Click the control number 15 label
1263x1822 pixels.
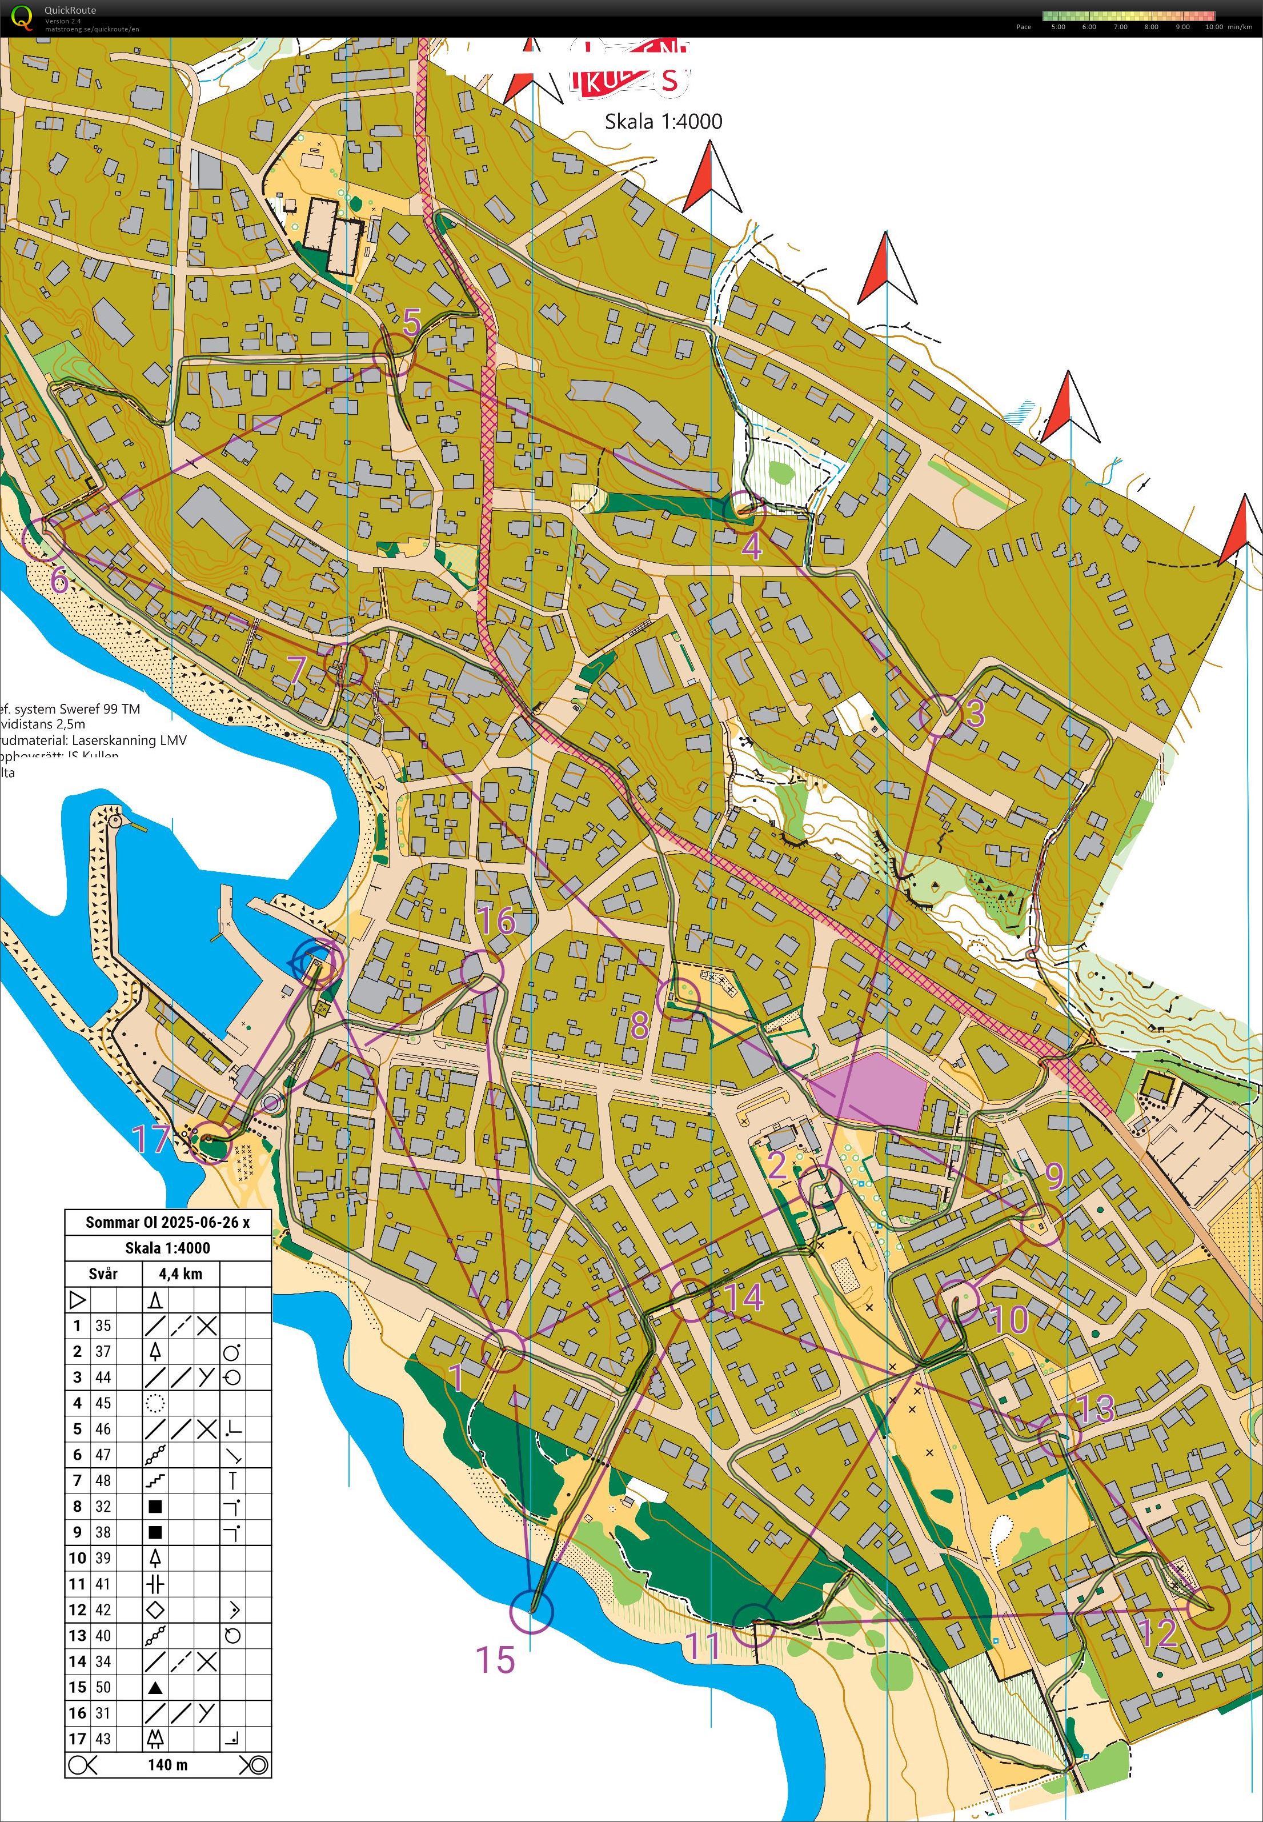tap(495, 1659)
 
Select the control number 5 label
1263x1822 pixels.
tap(411, 323)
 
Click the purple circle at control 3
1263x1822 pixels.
tap(941, 715)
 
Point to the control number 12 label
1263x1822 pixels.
tap(1158, 1633)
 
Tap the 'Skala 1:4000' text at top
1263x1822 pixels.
tap(663, 121)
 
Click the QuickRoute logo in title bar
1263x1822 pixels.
tap(23, 17)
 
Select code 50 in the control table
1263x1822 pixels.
tap(103, 1687)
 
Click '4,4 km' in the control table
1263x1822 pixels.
tap(181, 1274)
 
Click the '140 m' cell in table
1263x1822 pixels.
tap(168, 1764)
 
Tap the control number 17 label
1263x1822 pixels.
tap(150, 1139)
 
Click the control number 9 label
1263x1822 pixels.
tap(1054, 1177)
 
